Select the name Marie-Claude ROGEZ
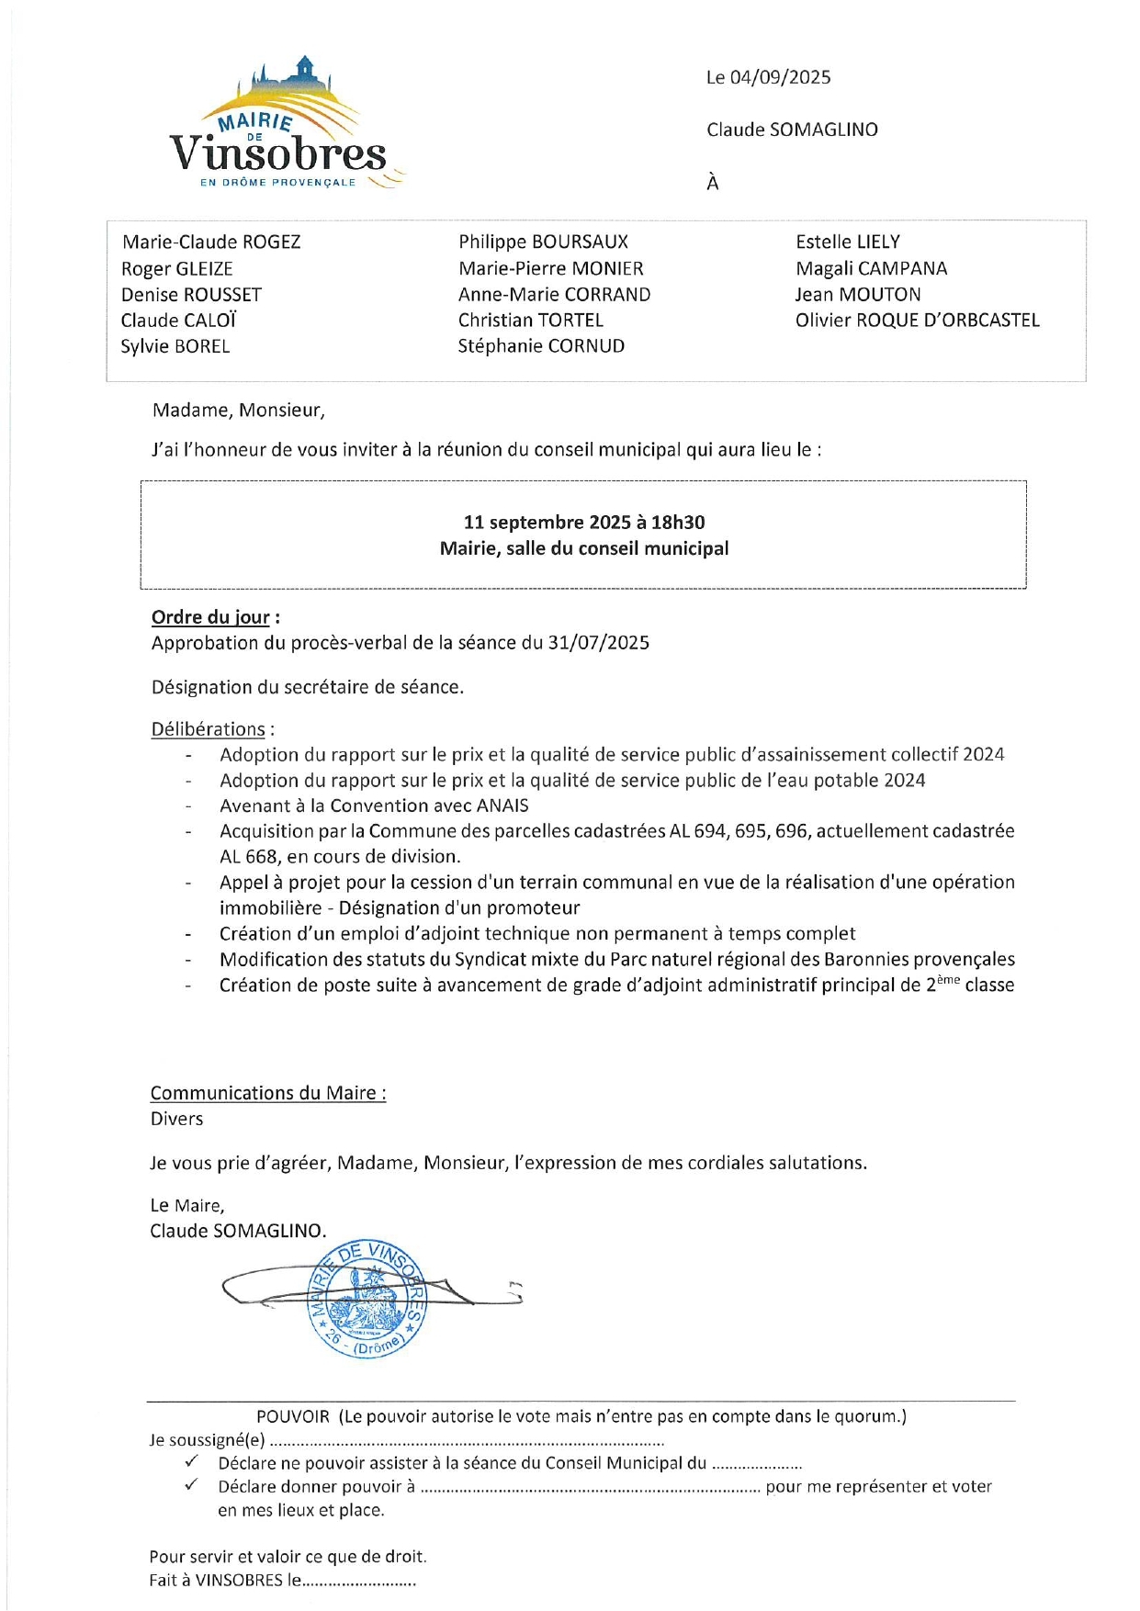pos(211,242)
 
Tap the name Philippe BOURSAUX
pos(543,242)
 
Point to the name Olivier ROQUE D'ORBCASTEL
pos(917,321)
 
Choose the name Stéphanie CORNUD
pos(541,346)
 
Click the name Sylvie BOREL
pos(175,347)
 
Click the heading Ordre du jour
pos(210,617)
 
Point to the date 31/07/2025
pos(598,643)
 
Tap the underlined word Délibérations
pos(208,729)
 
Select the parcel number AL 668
pos(247,857)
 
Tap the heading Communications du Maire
pos(267,1093)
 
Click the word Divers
pos(176,1119)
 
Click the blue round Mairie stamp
pos(367,1298)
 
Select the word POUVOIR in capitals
pos(292,1416)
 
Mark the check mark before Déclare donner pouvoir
pos(191,1485)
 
